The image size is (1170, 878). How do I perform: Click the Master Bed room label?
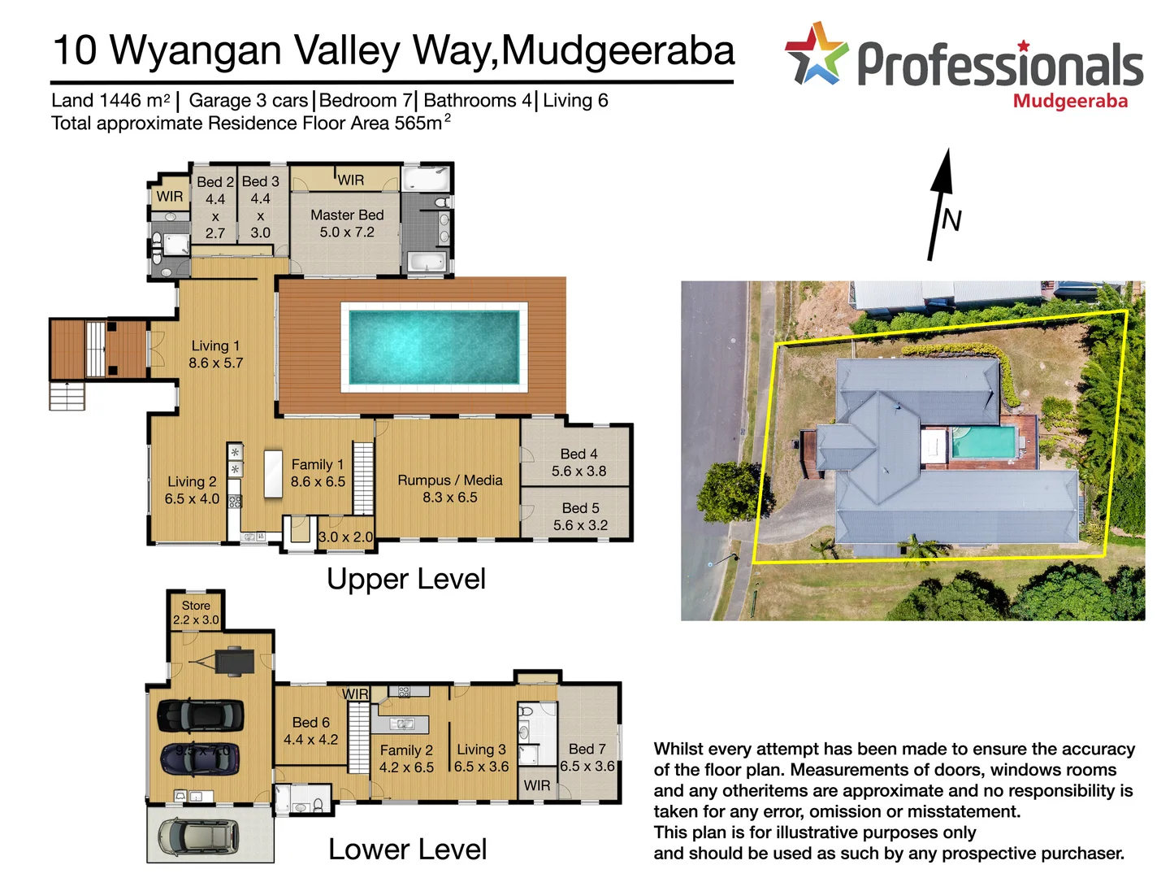[347, 215]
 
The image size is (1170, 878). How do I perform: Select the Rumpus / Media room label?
[449, 480]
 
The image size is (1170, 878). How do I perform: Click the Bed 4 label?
[578, 454]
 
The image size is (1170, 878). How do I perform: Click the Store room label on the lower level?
[196, 606]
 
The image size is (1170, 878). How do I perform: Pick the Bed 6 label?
[310, 723]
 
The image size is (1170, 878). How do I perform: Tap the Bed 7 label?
[587, 749]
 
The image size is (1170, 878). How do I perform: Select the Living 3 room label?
[481, 750]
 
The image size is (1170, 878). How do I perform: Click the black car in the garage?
[200, 715]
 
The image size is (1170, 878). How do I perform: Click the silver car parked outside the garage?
[199, 835]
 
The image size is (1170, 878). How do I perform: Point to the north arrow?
[941, 203]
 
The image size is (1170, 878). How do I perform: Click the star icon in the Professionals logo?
[816, 54]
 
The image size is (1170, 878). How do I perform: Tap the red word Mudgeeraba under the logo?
[1070, 102]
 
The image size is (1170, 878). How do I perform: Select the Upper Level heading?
[405, 579]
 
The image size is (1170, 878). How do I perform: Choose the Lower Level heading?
[407, 850]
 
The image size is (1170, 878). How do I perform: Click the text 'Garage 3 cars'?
[248, 101]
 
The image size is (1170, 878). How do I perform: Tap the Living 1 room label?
[215, 346]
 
